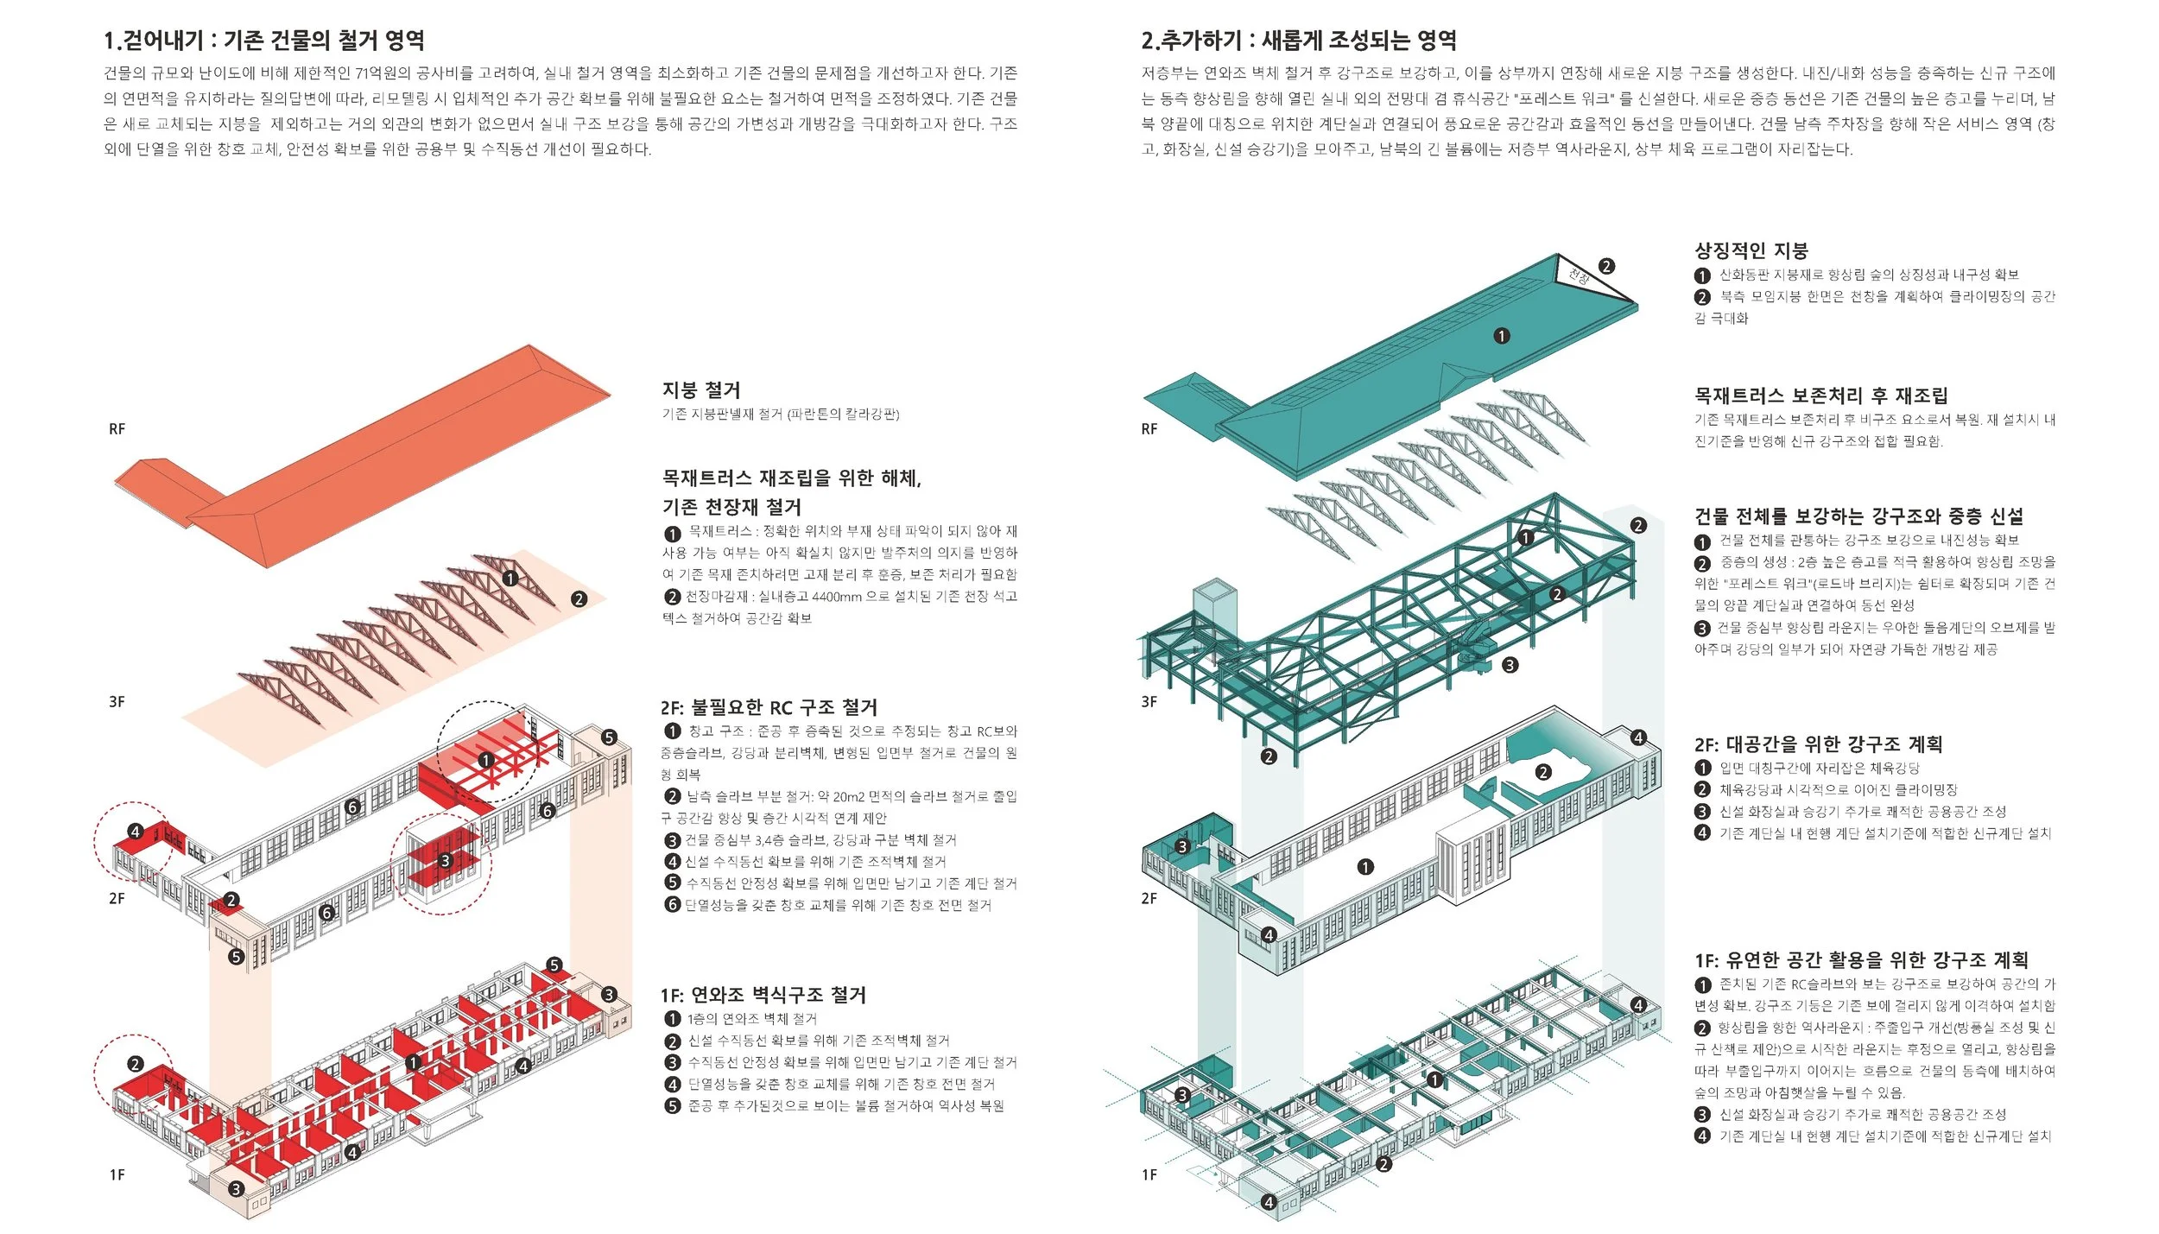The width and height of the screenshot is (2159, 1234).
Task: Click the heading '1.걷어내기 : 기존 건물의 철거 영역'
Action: [x=263, y=41]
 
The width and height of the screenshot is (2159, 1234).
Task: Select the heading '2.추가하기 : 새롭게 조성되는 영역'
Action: [x=1299, y=41]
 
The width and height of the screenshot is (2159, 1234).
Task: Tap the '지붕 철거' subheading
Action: [x=700, y=390]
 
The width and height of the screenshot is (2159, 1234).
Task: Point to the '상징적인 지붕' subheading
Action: [x=1751, y=250]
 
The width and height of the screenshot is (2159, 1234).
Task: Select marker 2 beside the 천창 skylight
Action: [x=1606, y=266]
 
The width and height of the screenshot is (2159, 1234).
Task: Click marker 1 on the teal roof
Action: [x=1502, y=336]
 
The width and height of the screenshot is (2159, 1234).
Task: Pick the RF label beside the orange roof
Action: [x=117, y=429]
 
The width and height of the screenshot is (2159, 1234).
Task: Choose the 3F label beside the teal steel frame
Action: [x=1149, y=702]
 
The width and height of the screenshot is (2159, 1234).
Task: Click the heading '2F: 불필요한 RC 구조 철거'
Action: [x=769, y=708]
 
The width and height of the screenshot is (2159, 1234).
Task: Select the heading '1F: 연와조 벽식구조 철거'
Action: [x=763, y=995]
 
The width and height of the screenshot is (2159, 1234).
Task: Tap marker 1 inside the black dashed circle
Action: [x=486, y=760]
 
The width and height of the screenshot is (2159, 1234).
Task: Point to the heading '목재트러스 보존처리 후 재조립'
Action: [x=1820, y=396]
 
